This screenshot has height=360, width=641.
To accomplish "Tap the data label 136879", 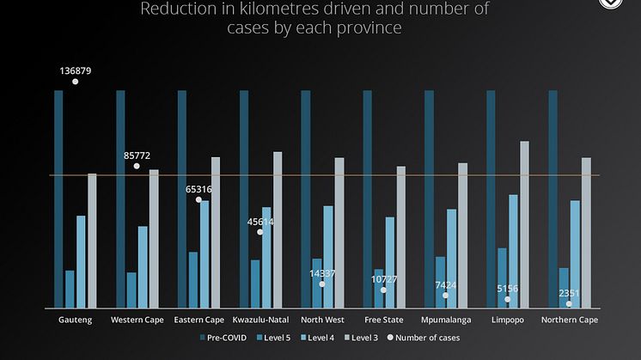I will pos(76,70).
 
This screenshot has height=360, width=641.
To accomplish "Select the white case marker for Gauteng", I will pos(76,82).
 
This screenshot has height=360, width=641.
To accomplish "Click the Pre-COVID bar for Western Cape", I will pos(120,198).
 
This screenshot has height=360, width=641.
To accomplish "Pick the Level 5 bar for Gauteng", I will pos(70,289).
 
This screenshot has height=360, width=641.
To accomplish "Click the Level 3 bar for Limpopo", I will pos(524,223).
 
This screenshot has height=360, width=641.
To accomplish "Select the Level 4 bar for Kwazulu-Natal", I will pos(266,257).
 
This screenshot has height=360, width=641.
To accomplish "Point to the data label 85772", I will pos(137,156).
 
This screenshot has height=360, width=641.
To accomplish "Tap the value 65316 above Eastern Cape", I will pos(199,189).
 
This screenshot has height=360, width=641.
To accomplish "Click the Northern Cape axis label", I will pos(570,320).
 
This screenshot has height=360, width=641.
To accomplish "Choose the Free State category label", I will pos(383,320).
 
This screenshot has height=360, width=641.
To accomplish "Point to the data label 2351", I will pos(569,293).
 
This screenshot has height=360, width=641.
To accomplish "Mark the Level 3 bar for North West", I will pos(339,232).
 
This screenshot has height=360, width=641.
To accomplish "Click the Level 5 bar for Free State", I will pos(378,288).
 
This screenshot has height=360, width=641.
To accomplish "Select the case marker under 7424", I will pos(446,296).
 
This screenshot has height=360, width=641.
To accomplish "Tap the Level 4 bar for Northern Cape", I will pos(575,253).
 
